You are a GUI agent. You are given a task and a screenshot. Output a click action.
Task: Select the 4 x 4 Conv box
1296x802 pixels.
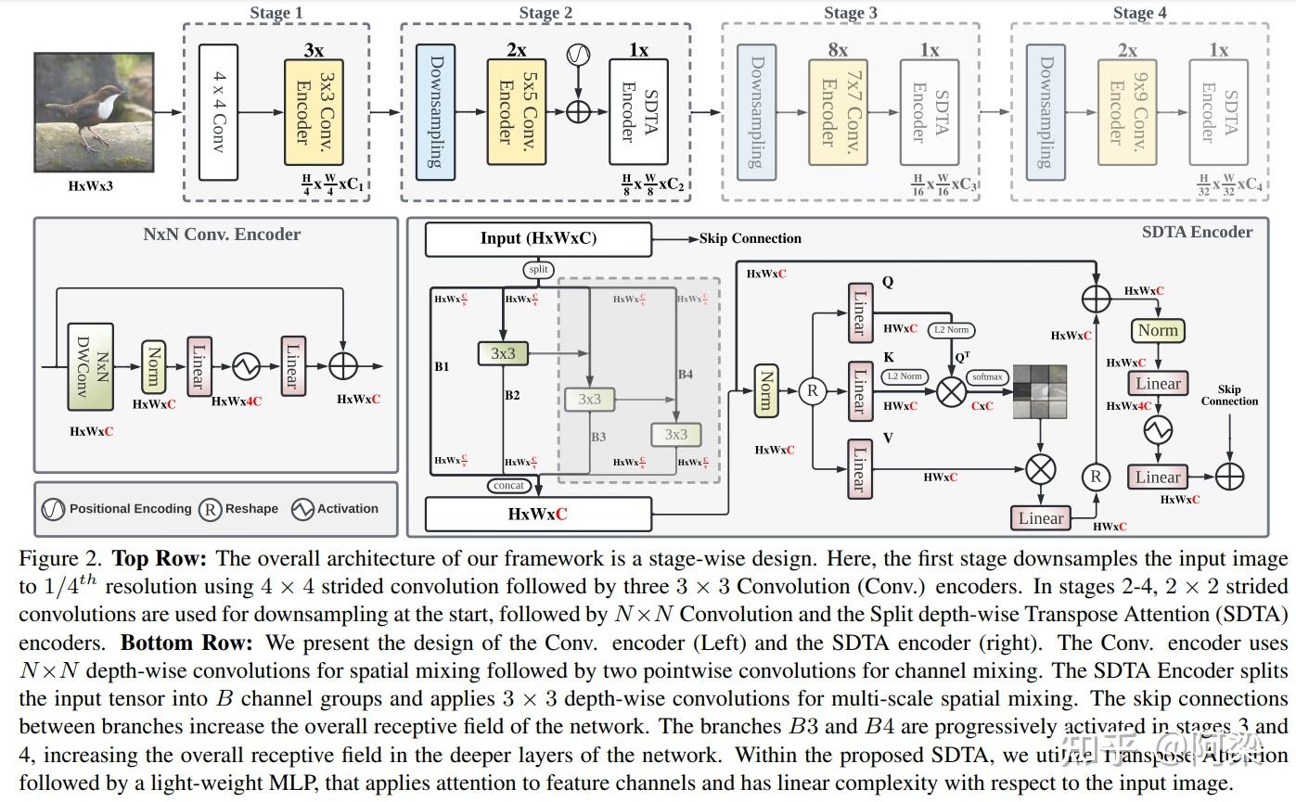tap(218, 112)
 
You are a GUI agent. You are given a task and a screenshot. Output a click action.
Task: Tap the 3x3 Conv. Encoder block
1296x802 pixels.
tap(314, 112)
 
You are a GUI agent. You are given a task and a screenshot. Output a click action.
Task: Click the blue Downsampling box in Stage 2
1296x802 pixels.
tap(436, 111)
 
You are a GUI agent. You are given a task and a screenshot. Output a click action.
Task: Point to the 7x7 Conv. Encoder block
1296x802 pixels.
tap(837, 113)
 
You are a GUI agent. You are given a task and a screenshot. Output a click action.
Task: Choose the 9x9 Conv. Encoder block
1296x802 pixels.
tap(1126, 113)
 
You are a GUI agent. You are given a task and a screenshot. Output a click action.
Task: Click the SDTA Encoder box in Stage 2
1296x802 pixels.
tap(638, 112)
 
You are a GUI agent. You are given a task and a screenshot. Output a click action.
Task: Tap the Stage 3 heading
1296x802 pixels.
tap(850, 13)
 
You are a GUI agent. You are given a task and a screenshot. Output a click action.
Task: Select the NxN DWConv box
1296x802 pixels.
tap(90, 367)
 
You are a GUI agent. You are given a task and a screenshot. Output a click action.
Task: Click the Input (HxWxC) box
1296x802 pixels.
tap(538, 239)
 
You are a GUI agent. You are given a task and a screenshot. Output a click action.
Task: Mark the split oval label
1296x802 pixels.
tap(538, 270)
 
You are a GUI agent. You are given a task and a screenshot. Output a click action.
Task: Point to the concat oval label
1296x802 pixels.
tap(509, 485)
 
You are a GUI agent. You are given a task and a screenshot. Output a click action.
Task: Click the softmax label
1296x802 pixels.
tap(986, 377)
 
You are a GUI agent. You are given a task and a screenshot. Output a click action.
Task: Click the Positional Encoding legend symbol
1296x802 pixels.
tap(53, 509)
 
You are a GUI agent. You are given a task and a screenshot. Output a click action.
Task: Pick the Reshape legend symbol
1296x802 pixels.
tap(211, 509)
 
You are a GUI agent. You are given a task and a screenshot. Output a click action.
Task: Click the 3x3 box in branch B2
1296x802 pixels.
tap(503, 353)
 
